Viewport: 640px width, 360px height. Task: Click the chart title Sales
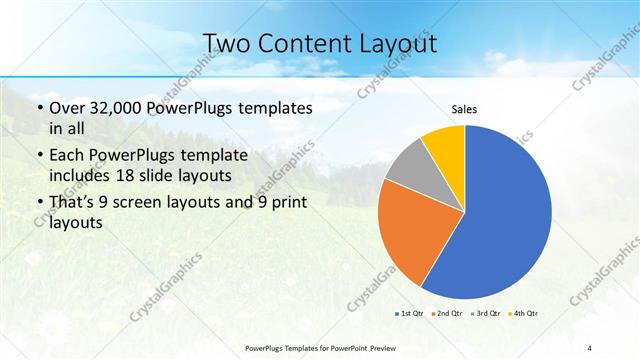pos(464,108)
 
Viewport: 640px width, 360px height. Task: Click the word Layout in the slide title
pos(399,44)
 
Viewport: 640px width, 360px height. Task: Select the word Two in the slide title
pos(229,44)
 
